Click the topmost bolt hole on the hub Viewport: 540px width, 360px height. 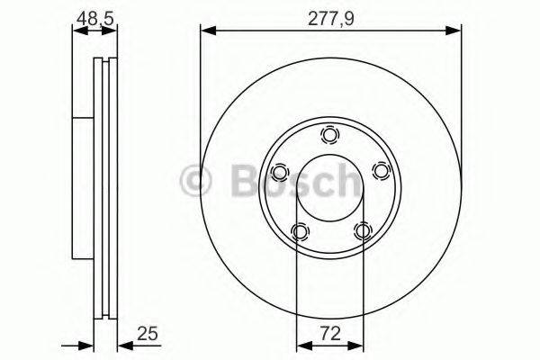(330, 135)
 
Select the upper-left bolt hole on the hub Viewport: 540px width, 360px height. (279, 172)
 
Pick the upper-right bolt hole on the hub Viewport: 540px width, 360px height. (381, 172)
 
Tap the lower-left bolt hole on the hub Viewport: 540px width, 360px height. (299, 232)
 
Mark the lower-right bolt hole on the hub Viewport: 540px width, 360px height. (362, 232)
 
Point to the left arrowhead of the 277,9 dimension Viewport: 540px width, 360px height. (206, 31)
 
